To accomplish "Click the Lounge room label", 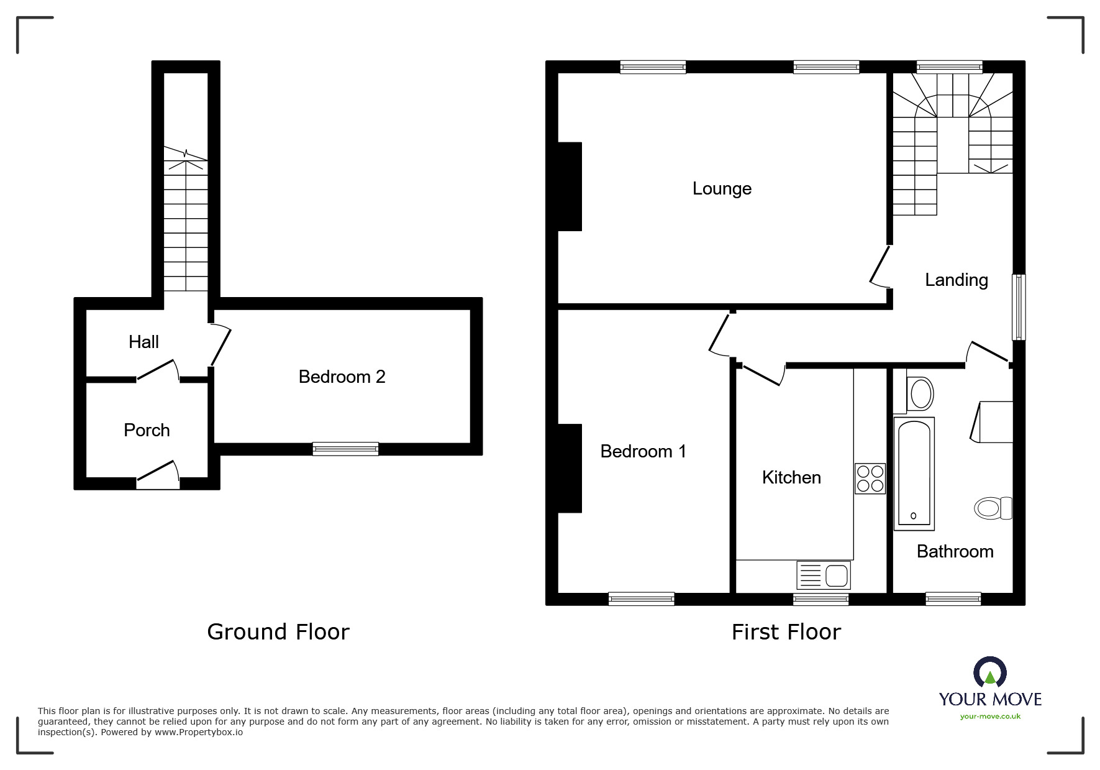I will click(x=722, y=188).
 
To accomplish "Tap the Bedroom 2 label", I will click(x=342, y=377).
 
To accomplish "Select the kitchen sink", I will click(x=824, y=575).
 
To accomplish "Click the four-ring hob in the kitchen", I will click(x=870, y=479).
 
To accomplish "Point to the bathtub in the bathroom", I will click(x=914, y=474).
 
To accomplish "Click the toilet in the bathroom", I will click(x=993, y=508).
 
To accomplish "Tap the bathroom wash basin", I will click(x=920, y=393).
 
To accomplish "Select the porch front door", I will click(x=158, y=472).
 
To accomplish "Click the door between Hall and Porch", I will click(x=158, y=371).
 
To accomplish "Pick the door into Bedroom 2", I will click(x=220, y=346).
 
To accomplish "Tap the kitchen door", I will click(x=763, y=375).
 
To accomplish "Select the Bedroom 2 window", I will click(x=345, y=449).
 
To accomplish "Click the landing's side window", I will click(x=1019, y=307).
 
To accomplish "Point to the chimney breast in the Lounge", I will click(x=570, y=186).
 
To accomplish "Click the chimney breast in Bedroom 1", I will click(x=570, y=468).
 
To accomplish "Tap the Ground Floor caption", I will click(x=278, y=632).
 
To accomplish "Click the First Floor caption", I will click(x=786, y=632).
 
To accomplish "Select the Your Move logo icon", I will click(x=989, y=672).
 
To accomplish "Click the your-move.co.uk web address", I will click(x=990, y=717).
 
